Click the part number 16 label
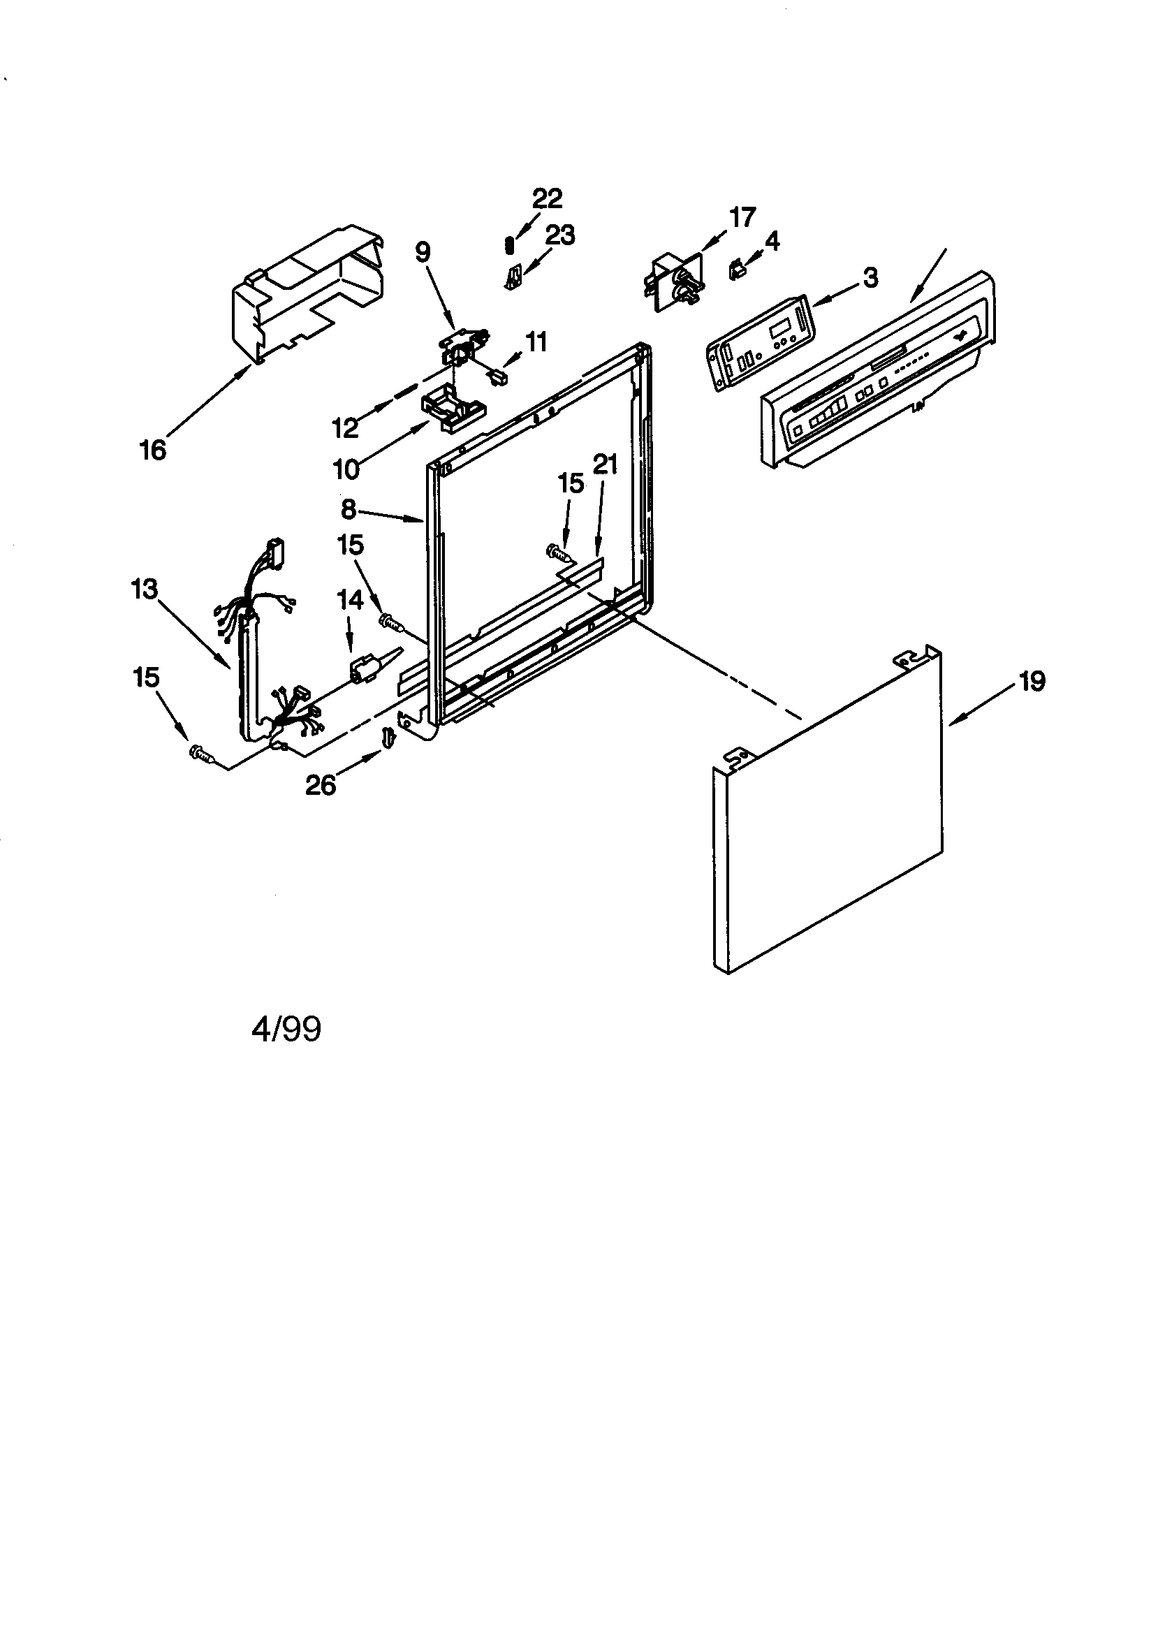153,451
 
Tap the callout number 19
1032,682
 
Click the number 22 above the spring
547,198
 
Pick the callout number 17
742,217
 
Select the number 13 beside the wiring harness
145,589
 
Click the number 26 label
320,785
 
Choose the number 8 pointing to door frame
348,509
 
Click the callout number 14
350,599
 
